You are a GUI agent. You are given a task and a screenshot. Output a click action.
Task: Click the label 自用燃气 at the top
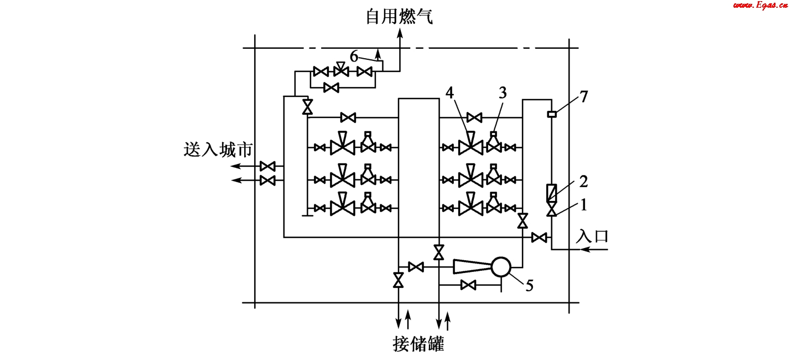(x=400, y=16)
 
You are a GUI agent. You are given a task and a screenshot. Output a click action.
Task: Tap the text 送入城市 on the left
(x=218, y=150)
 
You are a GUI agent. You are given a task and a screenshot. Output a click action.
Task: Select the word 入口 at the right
(x=592, y=236)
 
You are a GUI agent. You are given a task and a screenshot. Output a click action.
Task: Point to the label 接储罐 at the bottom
(x=418, y=344)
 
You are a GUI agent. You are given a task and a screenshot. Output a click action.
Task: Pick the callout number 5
(x=529, y=285)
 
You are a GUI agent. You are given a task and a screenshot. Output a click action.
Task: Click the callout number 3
(x=502, y=92)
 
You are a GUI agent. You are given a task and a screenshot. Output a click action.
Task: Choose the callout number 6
(x=354, y=55)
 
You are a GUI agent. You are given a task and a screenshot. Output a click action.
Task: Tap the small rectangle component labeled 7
(x=552, y=115)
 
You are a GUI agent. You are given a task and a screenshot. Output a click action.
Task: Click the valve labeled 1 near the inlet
(x=552, y=209)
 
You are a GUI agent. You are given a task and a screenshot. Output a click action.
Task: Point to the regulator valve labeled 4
(x=471, y=146)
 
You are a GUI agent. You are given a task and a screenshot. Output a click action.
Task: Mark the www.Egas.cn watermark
(x=760, y=6)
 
